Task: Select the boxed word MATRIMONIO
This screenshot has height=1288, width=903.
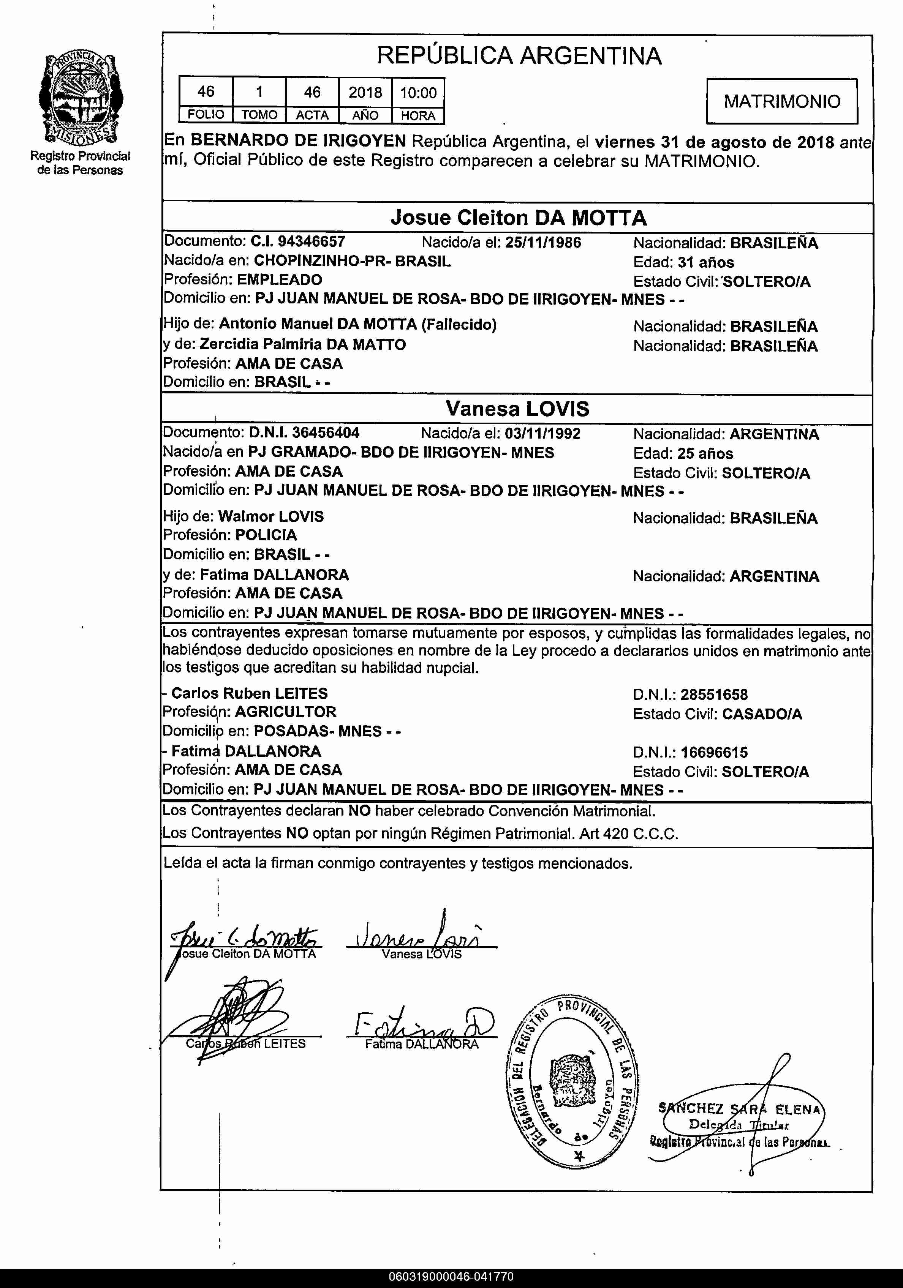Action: [x=782, y=101]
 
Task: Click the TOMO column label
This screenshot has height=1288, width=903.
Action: [x=259, y=115]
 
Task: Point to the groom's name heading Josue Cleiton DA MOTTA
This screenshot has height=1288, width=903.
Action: [x=519, y=218]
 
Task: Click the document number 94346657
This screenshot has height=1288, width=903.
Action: [x=312, y=242]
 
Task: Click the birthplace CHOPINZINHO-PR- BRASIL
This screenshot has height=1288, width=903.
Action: [x=352, y=261]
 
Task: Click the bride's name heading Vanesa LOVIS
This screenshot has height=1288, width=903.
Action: [x=517, y=409]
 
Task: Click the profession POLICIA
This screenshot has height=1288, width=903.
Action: [x=266, y=535]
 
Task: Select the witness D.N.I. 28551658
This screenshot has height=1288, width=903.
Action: [x=714, y=695]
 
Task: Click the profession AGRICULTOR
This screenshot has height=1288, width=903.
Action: [x=285, y=712]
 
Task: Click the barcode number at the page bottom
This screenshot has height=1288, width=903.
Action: [x=451, y=1277]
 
